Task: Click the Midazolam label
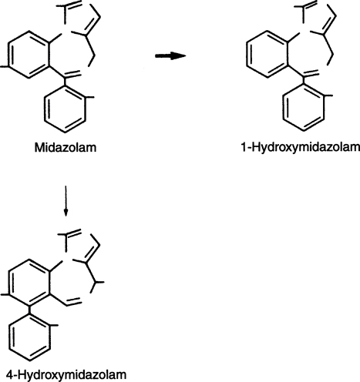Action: (x=66, y=148)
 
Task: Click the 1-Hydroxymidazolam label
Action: (x=301, y=148)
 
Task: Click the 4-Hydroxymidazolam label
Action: (x=66, y=375)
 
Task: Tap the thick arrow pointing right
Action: (x=170, y=55)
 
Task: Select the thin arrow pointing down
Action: (x=66, y=201)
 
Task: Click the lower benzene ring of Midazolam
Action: (x=65, y=109)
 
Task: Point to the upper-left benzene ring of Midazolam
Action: (x=29, y=54)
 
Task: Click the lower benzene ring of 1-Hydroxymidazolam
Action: (x=303, y=108)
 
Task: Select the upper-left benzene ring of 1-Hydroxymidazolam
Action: (x=267, y=54)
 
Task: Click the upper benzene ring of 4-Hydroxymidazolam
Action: (x=29, y=283)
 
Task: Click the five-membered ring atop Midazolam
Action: (x=81, y=18)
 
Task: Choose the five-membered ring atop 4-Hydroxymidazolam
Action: (x=80, y=246)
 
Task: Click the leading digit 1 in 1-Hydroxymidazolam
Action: (x=244, y=148)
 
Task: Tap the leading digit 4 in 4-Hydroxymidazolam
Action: (x=9, y=375)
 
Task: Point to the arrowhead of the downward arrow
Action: (x=66, y=213)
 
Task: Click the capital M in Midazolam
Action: (x=39, y=148)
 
